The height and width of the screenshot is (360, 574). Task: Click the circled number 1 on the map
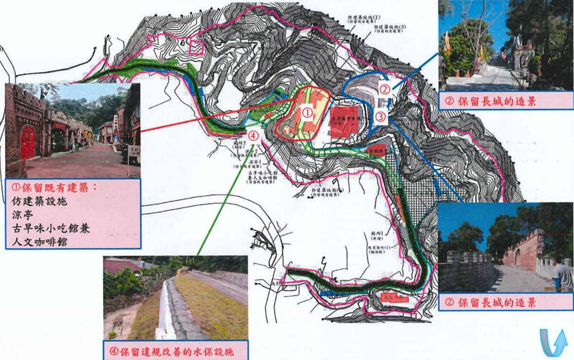click(x=306, y=113)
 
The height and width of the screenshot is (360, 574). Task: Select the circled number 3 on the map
click(x=380, y=115)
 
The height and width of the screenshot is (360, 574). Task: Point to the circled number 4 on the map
click(x=254, y=134)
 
